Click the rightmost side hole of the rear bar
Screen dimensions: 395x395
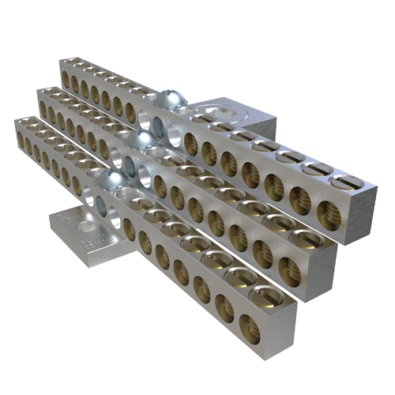click(x=329, y=213)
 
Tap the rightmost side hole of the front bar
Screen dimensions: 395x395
click(x=249, y=326)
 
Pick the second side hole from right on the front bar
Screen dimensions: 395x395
click(x=225, y=310)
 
